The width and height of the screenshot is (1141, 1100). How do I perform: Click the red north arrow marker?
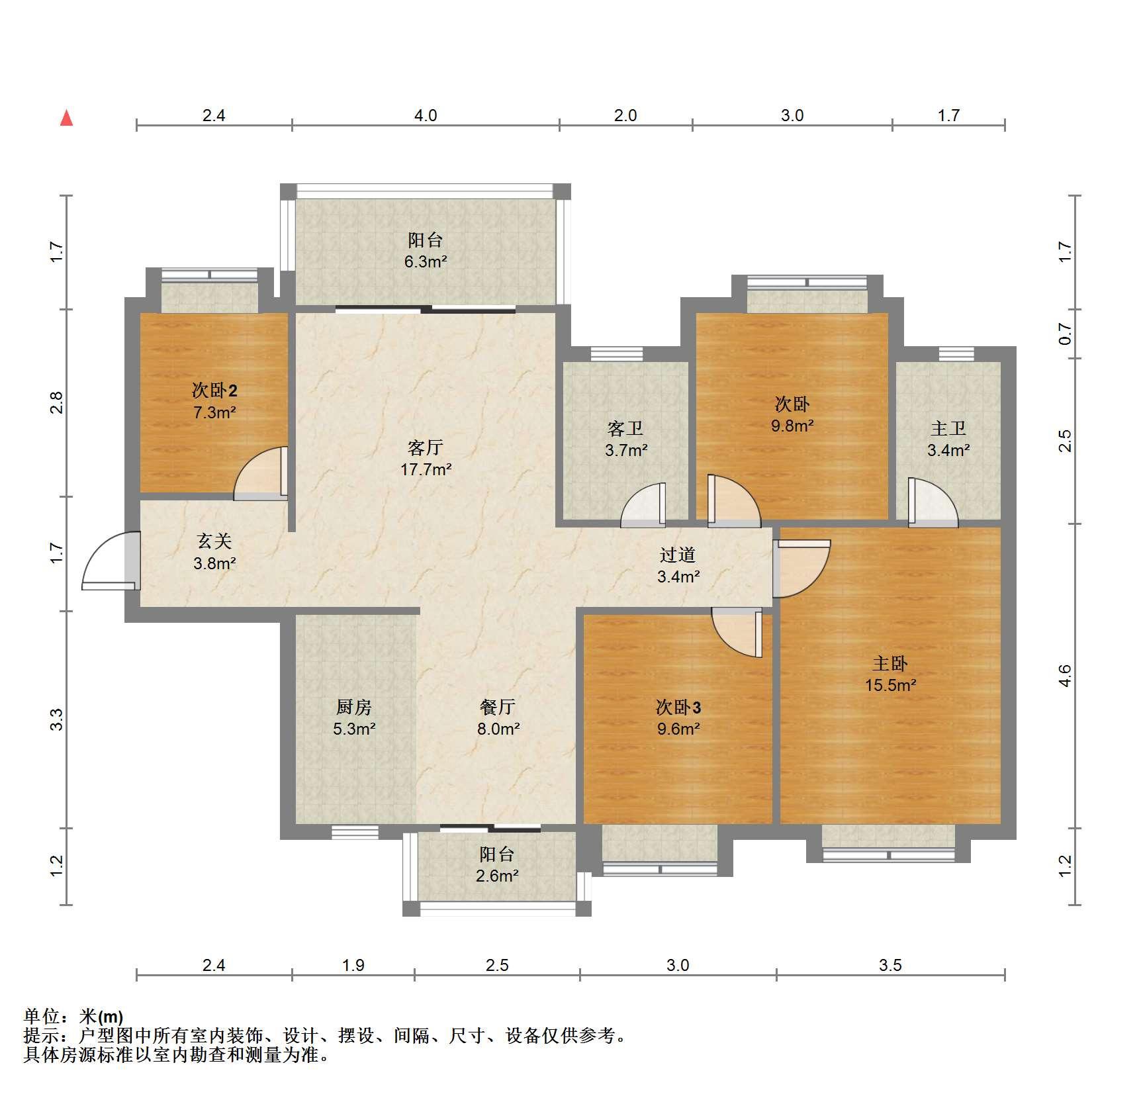[66, 118]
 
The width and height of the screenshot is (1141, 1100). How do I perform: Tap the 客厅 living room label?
[425, 448]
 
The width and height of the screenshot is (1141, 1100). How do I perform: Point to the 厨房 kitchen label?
[354, 708]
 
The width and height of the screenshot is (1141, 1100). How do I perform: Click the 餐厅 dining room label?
[498, 708]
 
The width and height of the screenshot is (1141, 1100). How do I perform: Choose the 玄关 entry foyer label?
[214, 541]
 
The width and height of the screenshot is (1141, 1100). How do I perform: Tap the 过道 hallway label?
[678, 555]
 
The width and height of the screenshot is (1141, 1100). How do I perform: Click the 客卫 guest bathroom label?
[625, 429]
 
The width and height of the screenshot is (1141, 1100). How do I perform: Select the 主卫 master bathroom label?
[948, 429]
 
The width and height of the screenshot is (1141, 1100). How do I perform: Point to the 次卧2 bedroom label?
[214, 390]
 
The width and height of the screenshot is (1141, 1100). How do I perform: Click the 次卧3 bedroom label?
[678, 708]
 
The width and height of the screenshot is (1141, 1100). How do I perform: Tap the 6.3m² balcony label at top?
[426, 261]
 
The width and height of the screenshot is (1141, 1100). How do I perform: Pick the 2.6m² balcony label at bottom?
[497, 876]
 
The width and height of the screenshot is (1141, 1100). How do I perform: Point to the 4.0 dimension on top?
[426, 115]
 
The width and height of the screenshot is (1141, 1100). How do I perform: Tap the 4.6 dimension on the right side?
[1064, 676]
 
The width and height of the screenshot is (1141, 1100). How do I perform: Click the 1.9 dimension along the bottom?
[353, 965]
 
